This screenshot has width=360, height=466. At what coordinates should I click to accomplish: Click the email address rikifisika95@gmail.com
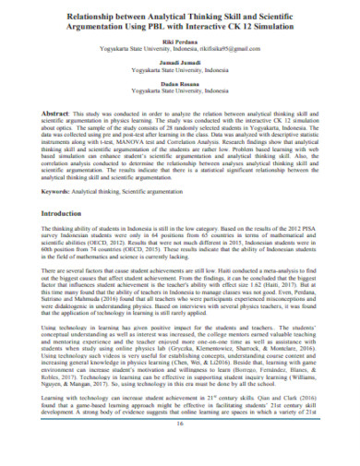click(246, 52)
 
